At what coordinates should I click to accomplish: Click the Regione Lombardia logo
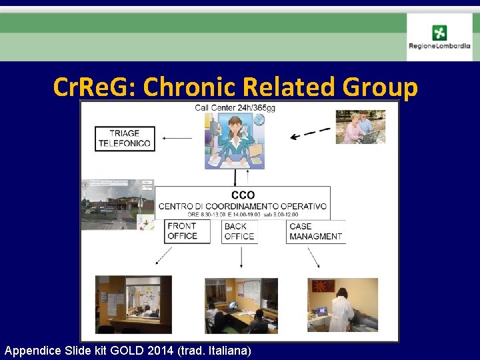(439, 37)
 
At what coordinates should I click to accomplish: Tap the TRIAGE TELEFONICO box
(125, 138)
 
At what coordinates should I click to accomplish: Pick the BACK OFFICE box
(239, 231)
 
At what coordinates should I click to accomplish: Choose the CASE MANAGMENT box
(315, 231)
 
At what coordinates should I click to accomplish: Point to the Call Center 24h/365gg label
(235, 107)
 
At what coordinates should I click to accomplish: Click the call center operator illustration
(235, 140)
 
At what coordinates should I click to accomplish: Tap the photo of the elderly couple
(360, 127)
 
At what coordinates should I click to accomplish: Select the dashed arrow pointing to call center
(311, 133)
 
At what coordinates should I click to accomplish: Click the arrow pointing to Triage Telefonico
(177, 139)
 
